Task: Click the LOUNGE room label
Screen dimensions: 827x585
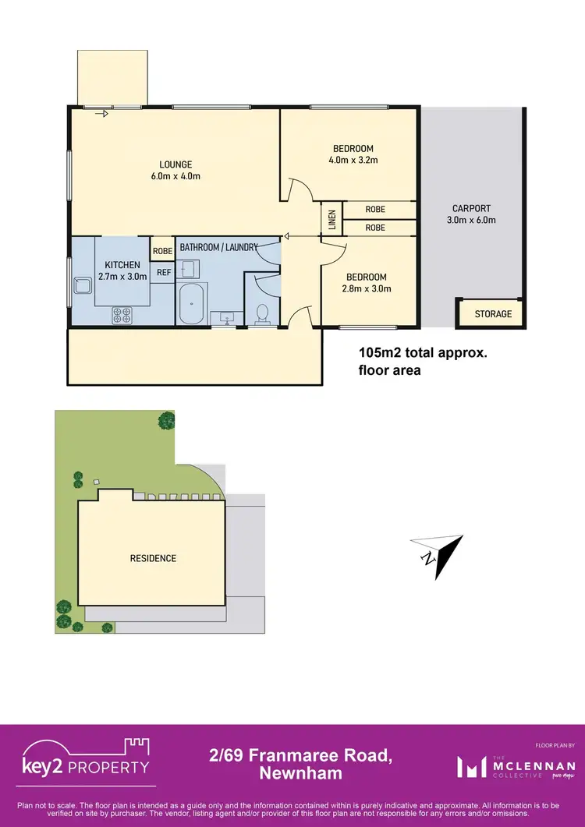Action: click(x=175, y=164)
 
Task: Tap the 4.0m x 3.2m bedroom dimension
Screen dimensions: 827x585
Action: click(x=353, y=161)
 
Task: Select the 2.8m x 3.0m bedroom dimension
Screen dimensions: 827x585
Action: click(x=366, y=288)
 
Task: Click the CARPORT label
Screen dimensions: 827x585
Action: click(x=472, y=208)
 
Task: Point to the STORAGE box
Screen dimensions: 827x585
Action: click(x=489, y=313)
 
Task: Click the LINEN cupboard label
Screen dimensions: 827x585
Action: click(x=331, y=220)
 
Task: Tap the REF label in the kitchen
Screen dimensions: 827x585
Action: click(x=164, y=272)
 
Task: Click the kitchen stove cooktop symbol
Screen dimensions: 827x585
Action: click(x=122, y=315)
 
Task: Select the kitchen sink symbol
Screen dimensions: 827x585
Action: click(x=80, y=291)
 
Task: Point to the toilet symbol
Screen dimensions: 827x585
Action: click(x=263, y=313)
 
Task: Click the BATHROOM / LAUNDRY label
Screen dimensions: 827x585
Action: click(x=219, y=247)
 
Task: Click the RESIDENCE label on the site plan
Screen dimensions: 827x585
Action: click(x=153, y=558)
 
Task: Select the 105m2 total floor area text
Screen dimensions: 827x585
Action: click(x=422, y=361)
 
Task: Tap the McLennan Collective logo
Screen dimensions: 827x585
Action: click(x=516, y=767)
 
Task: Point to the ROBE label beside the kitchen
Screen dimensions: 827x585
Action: click(x=162, y=251)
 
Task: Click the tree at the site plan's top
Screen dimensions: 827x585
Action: click(x=166, y=421)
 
